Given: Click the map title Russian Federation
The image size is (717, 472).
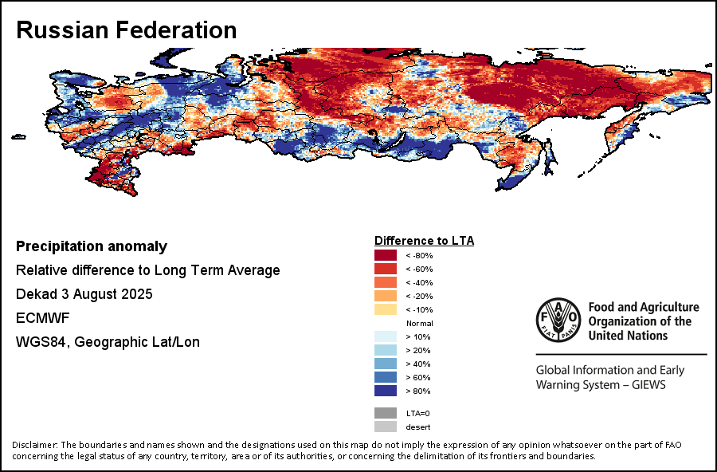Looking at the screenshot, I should [x=127, y=29].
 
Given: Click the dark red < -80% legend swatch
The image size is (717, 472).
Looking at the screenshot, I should [x=386, y=255].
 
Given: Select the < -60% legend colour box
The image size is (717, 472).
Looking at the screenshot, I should [x=386, y=269].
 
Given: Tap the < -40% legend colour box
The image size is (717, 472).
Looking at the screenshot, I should [x=386, y=282].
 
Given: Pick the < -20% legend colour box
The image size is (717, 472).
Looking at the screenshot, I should [x=386, y=296].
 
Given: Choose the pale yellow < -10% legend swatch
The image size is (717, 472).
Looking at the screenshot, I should [x=386, y=309].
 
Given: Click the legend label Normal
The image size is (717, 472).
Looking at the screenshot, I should [x=419, y=323].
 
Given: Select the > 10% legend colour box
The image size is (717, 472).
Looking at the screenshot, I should [x=386, y=336].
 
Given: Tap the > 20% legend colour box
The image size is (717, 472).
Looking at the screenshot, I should [x=386, y=350].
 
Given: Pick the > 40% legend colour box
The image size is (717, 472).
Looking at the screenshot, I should [x=386, y=364].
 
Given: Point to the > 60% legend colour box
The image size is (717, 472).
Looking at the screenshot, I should [x=386, y=377].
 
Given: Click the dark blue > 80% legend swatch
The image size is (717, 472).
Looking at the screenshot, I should [x=386, y=391].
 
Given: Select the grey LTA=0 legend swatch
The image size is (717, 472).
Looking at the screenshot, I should [x=386, y=413].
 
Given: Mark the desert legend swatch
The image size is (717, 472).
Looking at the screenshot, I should [x=386, y=427].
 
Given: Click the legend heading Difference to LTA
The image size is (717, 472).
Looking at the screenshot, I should [x=425, y=240].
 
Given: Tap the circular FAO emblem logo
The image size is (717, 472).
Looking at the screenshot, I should [x=558, y=321].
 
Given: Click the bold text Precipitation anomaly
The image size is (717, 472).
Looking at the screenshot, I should [x=92, y=246].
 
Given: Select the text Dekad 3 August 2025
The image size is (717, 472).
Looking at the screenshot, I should [x=84, y=294].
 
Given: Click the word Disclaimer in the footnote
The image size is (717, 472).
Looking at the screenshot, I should [x=34, y=444].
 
